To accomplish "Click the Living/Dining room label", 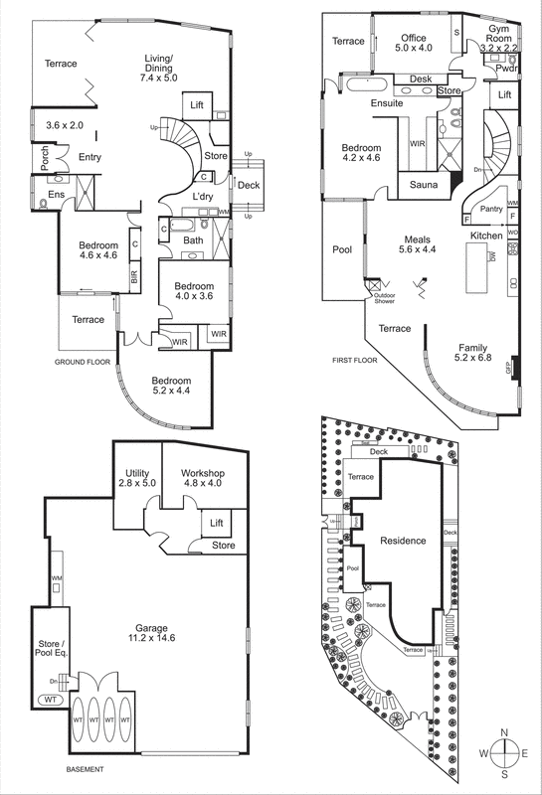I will coord(159,69).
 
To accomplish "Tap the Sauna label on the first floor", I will coord(419,185).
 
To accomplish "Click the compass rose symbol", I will coord(505,754).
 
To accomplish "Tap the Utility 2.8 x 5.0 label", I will coord(136,479).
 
